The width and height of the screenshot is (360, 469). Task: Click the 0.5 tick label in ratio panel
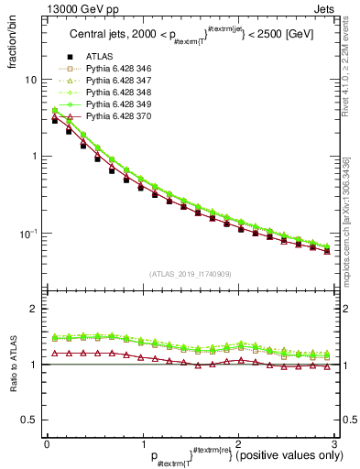pyautogui.click(x=28, y=420)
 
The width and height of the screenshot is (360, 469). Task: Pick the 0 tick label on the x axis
pyautogui.click(x=46, y=443)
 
